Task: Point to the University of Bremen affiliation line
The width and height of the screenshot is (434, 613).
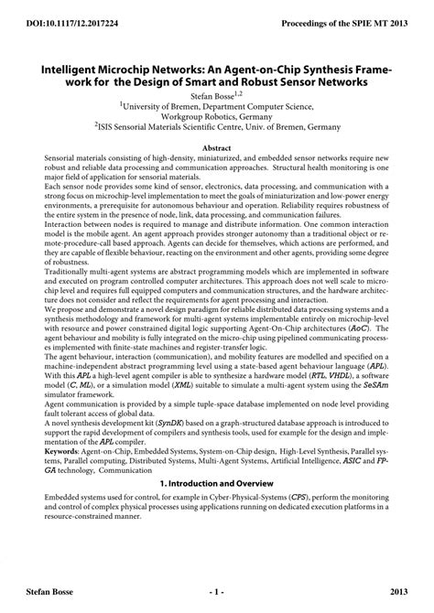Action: point(218,107)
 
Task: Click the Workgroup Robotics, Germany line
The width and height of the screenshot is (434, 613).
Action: point(217,118)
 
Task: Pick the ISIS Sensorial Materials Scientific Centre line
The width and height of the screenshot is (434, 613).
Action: point(218,130)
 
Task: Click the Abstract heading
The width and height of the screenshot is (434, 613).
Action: point(216,148)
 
